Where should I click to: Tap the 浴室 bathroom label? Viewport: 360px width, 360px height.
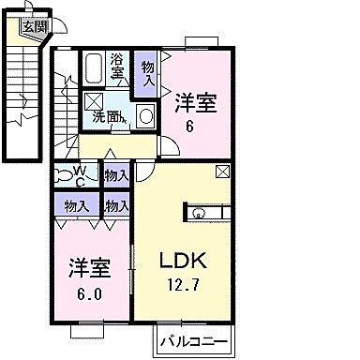[117, 66]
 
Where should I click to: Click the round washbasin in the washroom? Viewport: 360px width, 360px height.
[145, 116]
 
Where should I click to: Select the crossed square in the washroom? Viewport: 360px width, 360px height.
[95, 102]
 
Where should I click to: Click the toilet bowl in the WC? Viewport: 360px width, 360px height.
[61, 172]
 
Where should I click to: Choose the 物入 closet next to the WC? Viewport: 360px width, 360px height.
[115, 175]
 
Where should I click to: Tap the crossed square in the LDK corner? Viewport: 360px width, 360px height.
[222, 172]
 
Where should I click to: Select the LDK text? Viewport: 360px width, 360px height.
[186, 260]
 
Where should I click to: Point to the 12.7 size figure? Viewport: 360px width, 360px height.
[186, 284]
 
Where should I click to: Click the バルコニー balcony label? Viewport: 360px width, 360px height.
[193, 338]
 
